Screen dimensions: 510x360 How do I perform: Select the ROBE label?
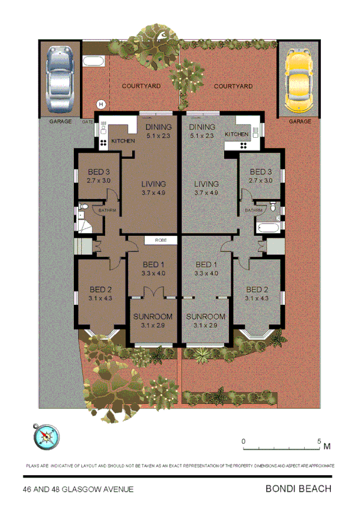pyautogui.click(x=160, y=240)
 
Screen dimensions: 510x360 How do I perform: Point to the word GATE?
pyautogui.click(x=88, y=121)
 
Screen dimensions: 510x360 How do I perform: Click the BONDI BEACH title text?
pyautogui.click(x=298, y=489)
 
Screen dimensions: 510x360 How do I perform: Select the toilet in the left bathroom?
pyautogui.click(x=84, y=208)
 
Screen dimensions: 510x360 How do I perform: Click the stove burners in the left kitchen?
pyautogui.click(x=103, y=143)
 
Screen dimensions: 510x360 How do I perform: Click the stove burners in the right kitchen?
pyautogui.click(x=244, y=145)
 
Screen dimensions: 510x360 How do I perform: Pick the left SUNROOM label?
pyautogui.click(x=153, y=316)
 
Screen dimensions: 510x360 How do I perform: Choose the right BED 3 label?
pyautogui.click(x=261, y=171)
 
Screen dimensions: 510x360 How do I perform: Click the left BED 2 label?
pyautogui.click(x=96, y=288)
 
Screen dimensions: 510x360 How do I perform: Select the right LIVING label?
pyautogui.click(x=206, y=184)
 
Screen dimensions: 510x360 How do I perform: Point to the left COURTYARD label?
pyautogui.click(x=141, y=87)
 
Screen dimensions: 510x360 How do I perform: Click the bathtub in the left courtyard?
pyautogui.click(x=94, y=61)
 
